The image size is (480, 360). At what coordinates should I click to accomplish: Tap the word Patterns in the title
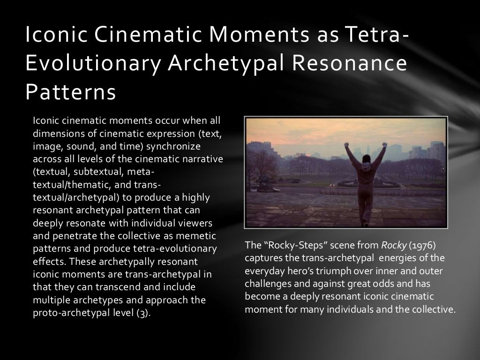point(70,92)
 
